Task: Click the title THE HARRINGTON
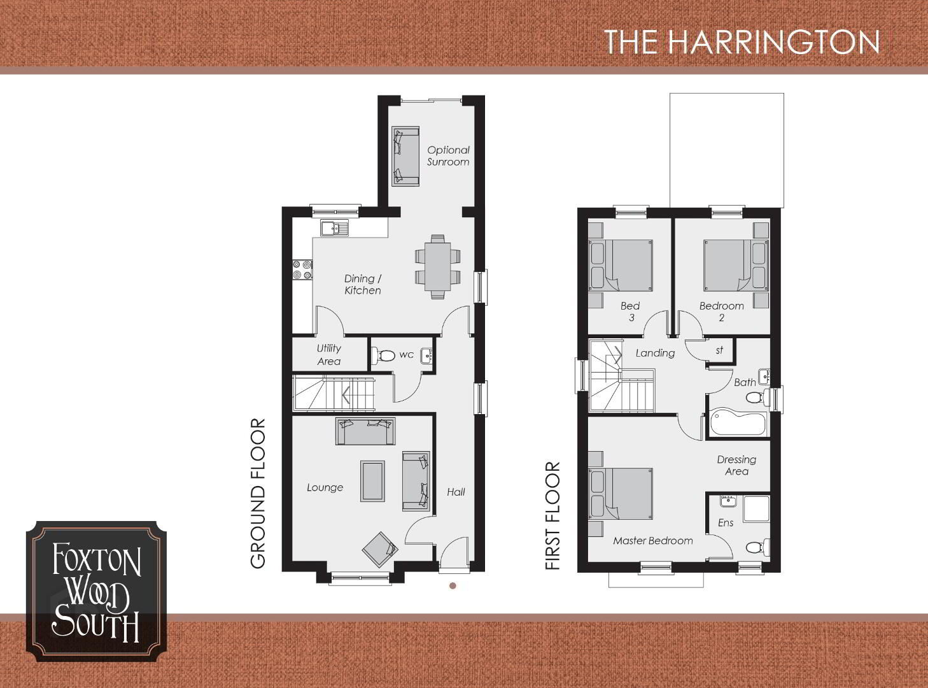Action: pyautogui.click(x=742, y=41)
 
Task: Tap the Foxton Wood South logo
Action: pyautogui.click(x=96, y=591)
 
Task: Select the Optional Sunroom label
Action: pyautogui.click(x=448, y=156)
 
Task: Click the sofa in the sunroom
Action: pyautogui.click(x=405, y=156)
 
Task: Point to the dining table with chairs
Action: pyautogui.click(x=438, y=267)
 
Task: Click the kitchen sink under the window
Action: pyautogui.click(x=334, y=228)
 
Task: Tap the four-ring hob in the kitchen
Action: pyautogui.click(x=302, y=269)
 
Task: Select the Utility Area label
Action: pyautogui.click(x=329, y=354)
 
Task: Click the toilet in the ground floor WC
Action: pyautogui.click(x=383, y=355)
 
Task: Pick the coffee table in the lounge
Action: pyautogui.click(x=372, y=481)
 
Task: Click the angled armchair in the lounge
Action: pyautogui.click(x=380, y=549)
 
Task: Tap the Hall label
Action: pyautogui.click(x=456, y=492)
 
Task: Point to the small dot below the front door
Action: pyautogui.click(x=453, y=585)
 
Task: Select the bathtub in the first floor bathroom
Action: pyautogui.click(x=738, y=423)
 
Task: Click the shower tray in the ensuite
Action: pyautogui.click(x=756, y=509)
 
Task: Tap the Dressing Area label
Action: pyautogui.click(x=736, y=465)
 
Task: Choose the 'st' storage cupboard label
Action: pyautogui.click(x=719, y=350)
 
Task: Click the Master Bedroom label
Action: pyautogui.click(x=652, y=541)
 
